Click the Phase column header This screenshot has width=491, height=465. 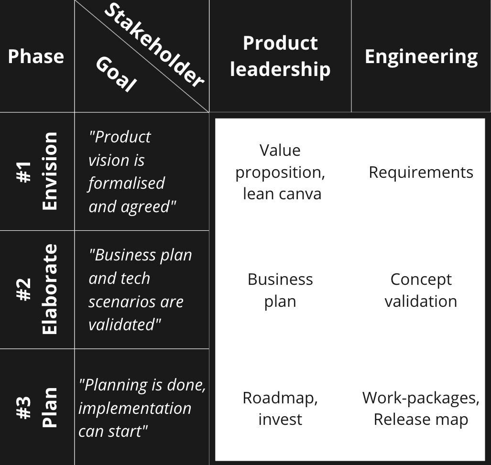point(36,56)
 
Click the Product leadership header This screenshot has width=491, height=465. point(280,56)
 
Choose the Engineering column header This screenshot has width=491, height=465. point(421,56)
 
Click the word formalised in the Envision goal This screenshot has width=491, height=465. point(126,183)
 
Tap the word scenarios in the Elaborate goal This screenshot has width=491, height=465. point(136,302)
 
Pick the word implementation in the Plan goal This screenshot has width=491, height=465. point(134,408)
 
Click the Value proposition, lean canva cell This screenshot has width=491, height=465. point(280,172)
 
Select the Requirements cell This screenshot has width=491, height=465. point(421,172)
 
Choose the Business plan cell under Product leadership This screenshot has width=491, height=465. point(280,290)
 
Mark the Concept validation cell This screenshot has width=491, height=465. point(421,290)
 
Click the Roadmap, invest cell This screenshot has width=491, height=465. point(280,408)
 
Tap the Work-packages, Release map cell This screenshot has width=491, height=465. point(421,408)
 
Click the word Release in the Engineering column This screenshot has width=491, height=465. point(399,419)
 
